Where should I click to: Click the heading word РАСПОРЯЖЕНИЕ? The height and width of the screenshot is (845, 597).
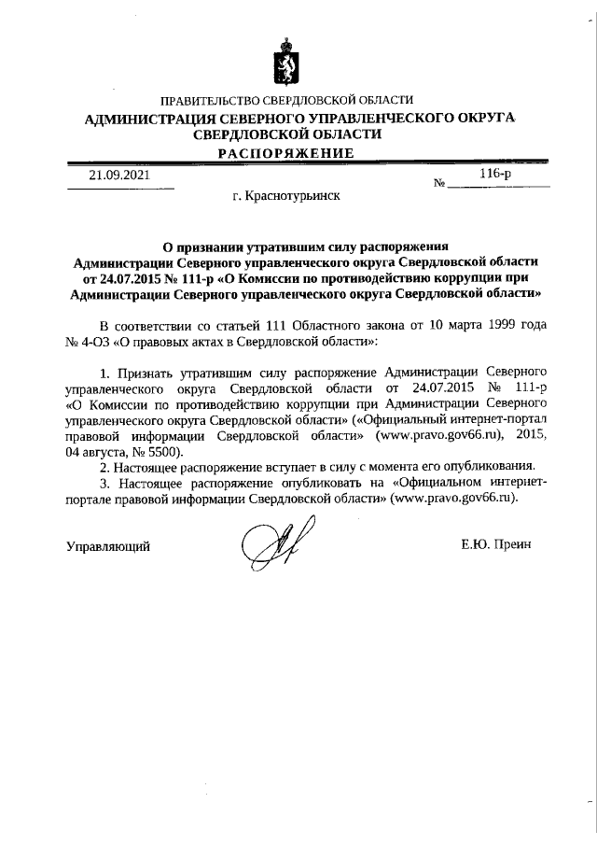[286, 153]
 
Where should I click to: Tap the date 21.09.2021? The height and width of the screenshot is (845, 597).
[118, 175]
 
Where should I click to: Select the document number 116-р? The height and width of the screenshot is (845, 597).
[494, 174]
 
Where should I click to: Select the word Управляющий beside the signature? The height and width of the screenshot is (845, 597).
[108, 546]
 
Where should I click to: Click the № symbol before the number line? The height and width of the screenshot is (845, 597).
[439, 183]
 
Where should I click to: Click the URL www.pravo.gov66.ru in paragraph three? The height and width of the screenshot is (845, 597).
[454, 499]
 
